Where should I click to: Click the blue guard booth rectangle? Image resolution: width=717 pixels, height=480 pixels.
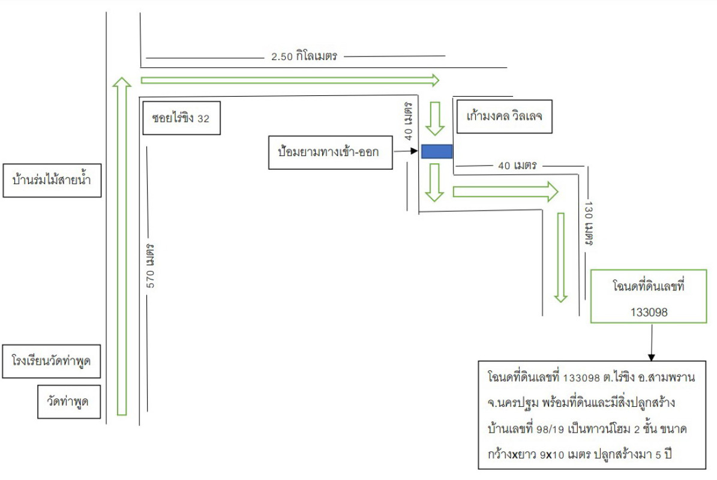pyautogui.click(x=436, y=152)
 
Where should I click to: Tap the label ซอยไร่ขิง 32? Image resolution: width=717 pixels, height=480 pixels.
pyautogui.click(x=181, y=118)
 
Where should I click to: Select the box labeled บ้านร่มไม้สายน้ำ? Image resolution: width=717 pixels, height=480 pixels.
pyautogui.click(x=51, y=179)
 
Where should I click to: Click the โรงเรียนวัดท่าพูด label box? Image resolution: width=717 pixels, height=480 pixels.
pyautogui.click(x=51, y=361)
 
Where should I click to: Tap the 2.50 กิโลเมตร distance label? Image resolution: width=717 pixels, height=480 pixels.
pyautogui.click(x=305, y=57)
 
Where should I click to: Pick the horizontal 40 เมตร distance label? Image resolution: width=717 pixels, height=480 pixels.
pyautogui.click(x=517, y=164)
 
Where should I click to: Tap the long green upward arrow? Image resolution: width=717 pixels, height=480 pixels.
pyautogui.click(x=122, y=246)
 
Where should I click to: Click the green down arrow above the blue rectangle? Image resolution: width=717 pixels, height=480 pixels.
pyautogui.click(x=434, y=118)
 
